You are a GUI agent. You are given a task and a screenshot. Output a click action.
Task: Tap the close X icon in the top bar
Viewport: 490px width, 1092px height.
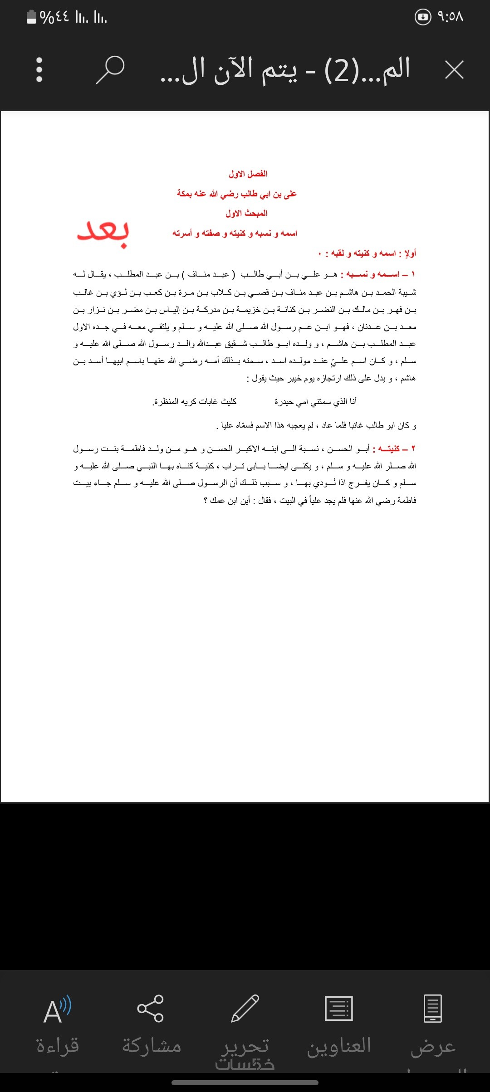point(454,70)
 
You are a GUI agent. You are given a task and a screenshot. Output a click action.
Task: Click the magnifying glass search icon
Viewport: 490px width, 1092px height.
point(110,70)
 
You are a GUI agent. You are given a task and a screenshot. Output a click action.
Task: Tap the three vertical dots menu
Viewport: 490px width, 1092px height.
point(39,70)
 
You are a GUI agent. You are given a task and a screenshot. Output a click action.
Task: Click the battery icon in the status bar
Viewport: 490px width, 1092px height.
point(31,17)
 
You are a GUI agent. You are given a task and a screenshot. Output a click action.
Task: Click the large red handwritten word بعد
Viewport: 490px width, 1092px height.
point(103,233)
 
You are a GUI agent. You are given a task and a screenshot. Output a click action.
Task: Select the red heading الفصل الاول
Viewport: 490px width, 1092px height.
point(248,174)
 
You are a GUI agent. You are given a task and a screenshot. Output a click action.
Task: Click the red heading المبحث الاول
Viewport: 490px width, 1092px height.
point(246,213)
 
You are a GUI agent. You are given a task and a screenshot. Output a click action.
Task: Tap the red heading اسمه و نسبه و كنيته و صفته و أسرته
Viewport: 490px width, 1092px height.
point(235,233)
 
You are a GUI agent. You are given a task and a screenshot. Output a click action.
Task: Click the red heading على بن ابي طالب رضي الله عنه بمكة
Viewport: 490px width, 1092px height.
point(236,194)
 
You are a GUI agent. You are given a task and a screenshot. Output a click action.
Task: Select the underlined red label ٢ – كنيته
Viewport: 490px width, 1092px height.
point(393,448)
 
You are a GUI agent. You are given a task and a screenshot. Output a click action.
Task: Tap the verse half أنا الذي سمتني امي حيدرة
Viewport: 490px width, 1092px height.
point(315,401)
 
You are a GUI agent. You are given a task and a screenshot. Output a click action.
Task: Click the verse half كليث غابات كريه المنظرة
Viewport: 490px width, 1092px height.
point(194,401)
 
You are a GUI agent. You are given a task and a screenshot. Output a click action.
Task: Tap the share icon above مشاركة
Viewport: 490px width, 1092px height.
point(150,1008)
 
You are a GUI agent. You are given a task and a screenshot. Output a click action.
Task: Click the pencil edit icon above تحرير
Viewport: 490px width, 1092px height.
point(245,1008)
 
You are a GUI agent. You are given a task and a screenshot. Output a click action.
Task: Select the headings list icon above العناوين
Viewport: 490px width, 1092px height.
point(339,1008)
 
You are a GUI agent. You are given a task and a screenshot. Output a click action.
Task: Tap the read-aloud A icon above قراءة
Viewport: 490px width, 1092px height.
point(57,1009)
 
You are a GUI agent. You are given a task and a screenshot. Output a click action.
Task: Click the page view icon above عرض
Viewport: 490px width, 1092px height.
point(433,1008)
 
